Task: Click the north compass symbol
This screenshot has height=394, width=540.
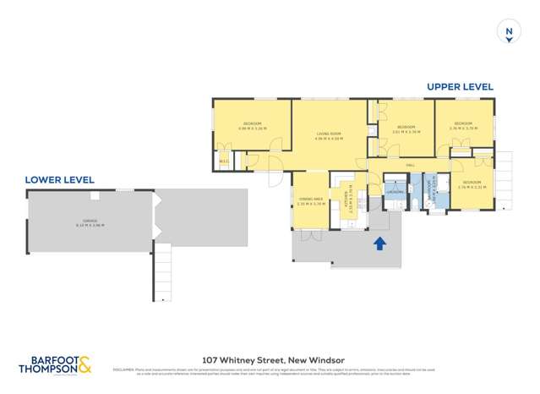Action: tap(508, 32)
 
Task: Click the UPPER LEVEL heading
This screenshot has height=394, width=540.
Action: tap(460, 87)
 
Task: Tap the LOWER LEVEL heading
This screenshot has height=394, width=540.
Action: tap(59, 179)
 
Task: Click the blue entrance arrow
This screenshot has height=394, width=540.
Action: tap(379, 244)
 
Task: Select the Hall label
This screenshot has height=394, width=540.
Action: tap(411, 164)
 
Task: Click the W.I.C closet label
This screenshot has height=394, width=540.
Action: tap(223, 161)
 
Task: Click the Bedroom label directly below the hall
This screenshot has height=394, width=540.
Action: tap(470, 184)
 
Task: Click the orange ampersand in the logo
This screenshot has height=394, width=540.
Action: tap(85, 365)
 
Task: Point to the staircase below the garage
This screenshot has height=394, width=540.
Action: tap(161, 271)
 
